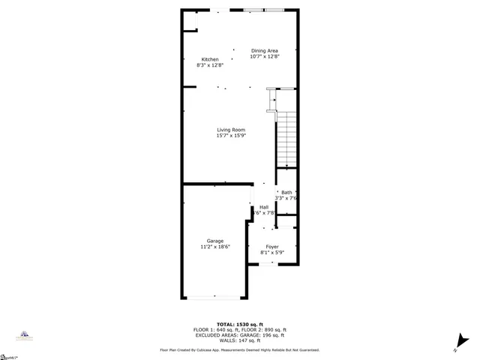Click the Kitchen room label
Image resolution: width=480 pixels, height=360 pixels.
[210, 59]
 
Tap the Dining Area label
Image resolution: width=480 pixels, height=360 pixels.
[264, 50]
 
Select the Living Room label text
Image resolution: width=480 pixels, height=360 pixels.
[231, 130]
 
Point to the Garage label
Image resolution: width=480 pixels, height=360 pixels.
[215, 241]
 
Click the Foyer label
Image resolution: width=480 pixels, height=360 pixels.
[271, 247]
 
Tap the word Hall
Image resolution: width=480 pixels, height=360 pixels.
[264, 207]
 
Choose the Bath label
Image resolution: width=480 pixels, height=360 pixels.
[286, 193]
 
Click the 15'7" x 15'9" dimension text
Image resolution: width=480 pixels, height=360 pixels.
[231, 136]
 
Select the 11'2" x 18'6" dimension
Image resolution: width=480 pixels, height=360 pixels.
[215, 247]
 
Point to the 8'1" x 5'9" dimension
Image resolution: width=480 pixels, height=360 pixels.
[271, 253]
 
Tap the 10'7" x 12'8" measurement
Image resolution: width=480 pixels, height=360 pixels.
[264, 56]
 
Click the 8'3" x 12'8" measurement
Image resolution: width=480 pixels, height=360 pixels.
[210, 65]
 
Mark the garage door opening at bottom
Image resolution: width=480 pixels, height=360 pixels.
[214, 298]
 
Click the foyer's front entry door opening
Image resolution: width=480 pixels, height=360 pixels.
[271, 262]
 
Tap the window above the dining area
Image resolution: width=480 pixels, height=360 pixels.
[264, 10]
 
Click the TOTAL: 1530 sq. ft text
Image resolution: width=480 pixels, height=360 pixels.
[239, 324]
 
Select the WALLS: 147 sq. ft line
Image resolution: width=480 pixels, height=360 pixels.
[239, 340]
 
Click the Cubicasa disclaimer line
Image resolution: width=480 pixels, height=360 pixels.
[239, 350]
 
